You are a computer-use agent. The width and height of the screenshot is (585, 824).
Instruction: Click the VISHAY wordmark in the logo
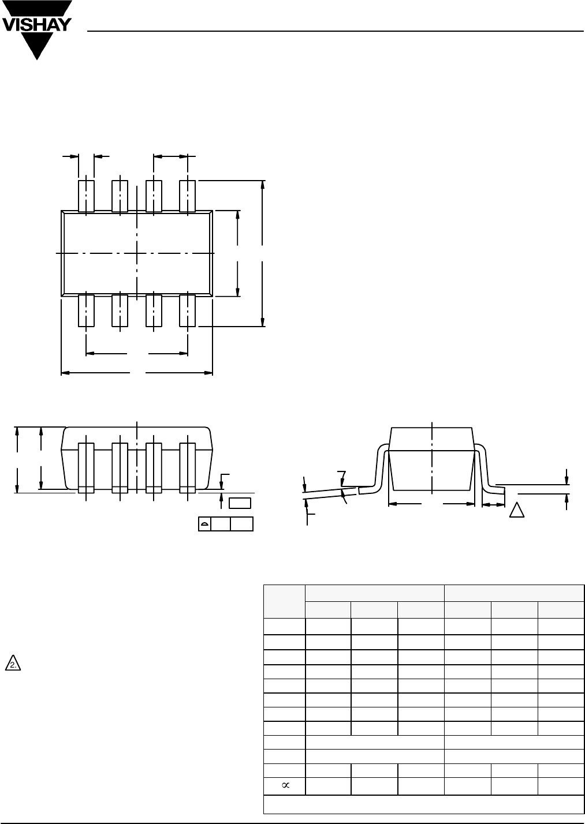(x=36, y=25)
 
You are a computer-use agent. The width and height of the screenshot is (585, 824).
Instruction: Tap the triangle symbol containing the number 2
(x=13, y=663)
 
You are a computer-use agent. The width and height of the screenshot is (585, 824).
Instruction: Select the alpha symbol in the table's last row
(x=285, y=785)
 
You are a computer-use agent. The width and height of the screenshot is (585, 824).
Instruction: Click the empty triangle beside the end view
(x=516, y=510)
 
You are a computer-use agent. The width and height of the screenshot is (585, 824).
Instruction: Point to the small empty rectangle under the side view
(x=240, y=503)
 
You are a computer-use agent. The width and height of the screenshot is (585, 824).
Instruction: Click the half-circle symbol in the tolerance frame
(x=204, y=524)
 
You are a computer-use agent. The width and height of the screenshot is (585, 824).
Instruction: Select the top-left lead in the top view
(x=86, y=196)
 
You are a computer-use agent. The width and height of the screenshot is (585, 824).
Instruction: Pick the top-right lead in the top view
(x=187, y=196)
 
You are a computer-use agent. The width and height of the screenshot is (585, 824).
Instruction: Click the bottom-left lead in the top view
(x=86, y=311)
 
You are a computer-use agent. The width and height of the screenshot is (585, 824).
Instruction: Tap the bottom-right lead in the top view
(x=187, y=311)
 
